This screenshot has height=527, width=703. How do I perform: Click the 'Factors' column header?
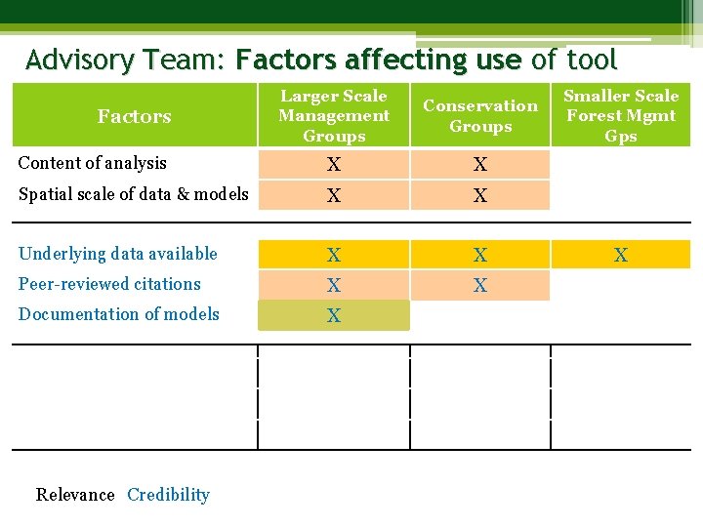coord(134,116)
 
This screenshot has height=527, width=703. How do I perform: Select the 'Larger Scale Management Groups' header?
coord(333,116)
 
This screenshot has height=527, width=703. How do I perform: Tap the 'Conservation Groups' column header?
coord(479,116)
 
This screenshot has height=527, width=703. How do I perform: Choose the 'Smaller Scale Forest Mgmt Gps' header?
coord(621,116)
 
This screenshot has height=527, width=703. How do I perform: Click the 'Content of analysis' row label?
coord(93,163)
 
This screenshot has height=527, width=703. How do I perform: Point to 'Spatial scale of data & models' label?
coord(134,193)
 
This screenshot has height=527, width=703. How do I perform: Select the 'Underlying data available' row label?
coord(118,254)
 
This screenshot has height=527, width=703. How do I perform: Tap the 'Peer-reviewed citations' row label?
coord(109,284)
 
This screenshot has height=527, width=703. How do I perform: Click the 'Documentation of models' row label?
coord(119,314)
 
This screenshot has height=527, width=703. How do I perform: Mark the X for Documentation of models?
coord(334,316)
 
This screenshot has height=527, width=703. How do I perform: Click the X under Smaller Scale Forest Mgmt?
coord(620,256)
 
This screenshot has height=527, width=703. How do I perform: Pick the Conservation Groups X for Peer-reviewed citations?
coord(479,286)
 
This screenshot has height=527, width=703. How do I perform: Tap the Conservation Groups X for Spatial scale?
coord(479,196)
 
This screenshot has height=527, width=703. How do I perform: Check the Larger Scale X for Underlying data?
coord(334,256)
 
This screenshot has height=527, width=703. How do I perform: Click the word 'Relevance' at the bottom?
coord(75,495)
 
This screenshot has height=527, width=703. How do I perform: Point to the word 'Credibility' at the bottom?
coord(168,495)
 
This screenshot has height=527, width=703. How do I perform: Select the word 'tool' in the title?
coord(592,61)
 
